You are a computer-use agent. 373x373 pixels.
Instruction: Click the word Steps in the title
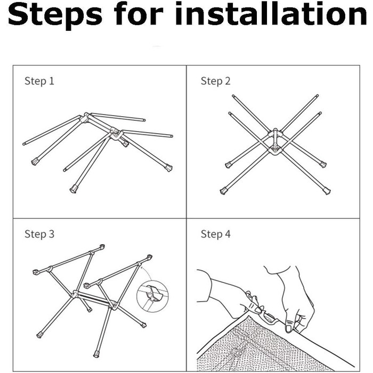(55, 15)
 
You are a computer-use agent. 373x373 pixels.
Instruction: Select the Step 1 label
(39, 81)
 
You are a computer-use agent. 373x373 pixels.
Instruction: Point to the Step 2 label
(215, 81)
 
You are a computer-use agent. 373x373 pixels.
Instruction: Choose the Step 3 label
(39, 234)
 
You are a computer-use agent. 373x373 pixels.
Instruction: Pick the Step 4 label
(215, 234)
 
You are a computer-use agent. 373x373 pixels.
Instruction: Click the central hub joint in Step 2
(275, 142)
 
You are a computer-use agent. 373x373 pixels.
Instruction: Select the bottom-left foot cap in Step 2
(223, 191)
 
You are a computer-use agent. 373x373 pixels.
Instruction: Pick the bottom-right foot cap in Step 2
(327, 191)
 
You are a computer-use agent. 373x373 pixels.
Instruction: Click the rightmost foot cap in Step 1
(169, 168)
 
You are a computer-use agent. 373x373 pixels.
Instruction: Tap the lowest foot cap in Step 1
(74, 190)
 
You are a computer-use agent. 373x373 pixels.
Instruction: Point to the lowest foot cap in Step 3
(96, 354)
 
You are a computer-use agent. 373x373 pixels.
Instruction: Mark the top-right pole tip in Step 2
(317, 96)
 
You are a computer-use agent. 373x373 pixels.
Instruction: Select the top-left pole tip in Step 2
(233, 96)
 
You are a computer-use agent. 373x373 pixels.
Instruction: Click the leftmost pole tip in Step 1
(24, 144)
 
